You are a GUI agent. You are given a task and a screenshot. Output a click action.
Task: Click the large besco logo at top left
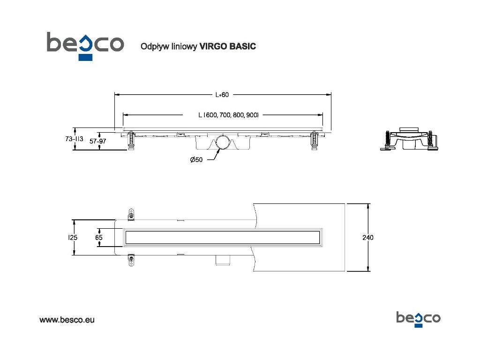85,45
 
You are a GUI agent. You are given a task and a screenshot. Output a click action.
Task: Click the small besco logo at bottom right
418,319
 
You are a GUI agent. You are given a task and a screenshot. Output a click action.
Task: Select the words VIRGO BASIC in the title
228,46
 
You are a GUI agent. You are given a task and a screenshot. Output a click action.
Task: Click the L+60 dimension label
222,95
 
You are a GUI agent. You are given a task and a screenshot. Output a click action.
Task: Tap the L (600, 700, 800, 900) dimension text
229,115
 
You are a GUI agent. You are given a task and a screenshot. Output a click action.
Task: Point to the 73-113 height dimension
74,139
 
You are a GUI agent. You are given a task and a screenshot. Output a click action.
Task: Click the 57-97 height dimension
98,141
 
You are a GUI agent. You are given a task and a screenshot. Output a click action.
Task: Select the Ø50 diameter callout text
196,160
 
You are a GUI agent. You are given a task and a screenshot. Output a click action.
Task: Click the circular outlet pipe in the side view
223,142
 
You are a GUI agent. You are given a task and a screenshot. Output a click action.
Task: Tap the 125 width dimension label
73,238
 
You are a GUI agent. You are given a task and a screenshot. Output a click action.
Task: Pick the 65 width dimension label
99,238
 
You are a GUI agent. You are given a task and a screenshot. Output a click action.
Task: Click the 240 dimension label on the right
368,238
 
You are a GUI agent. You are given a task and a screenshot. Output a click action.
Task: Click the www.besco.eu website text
67,320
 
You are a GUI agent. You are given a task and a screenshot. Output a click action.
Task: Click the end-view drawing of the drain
409,138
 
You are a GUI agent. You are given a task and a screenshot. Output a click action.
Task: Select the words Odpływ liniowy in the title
169,46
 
